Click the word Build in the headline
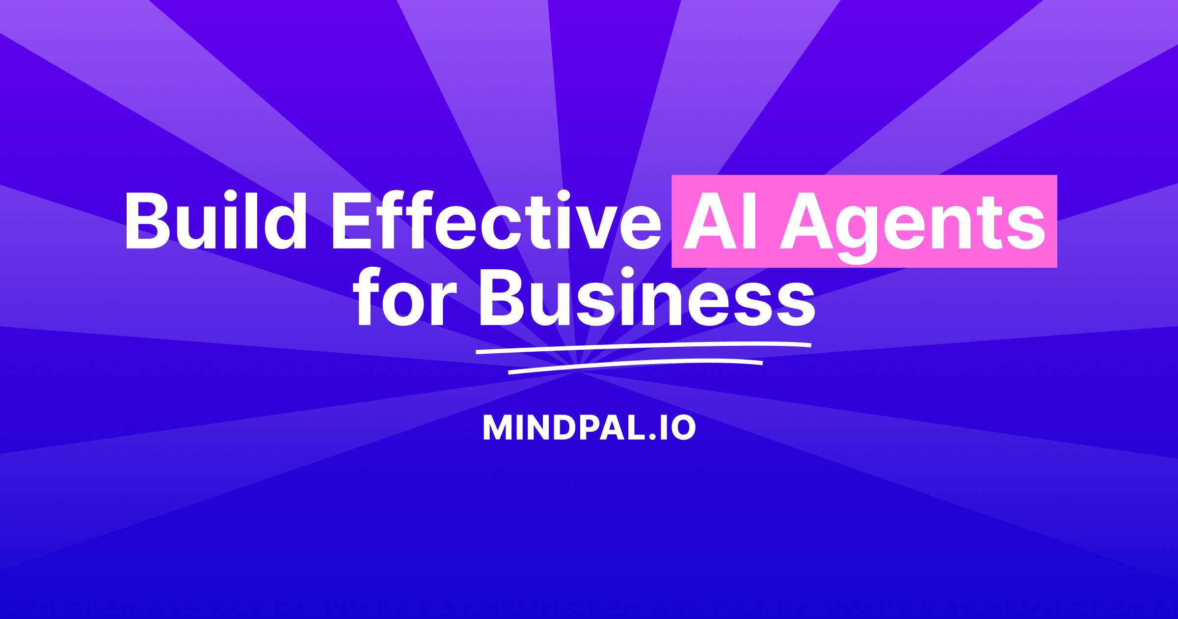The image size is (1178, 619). [216, 221]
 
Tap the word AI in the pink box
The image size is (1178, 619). [720, 221]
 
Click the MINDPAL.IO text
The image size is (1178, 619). [589, 427]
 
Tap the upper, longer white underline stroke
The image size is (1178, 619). [643, 347]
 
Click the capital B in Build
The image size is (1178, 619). [147, 221]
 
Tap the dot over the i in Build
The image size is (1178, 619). [231, 196]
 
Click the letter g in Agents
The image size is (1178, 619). [857, 231]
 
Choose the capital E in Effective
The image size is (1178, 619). [351, 221]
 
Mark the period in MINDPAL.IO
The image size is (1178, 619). [653, 436]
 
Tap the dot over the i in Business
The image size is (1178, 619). [627, 272]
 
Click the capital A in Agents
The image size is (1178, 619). [806, 221]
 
